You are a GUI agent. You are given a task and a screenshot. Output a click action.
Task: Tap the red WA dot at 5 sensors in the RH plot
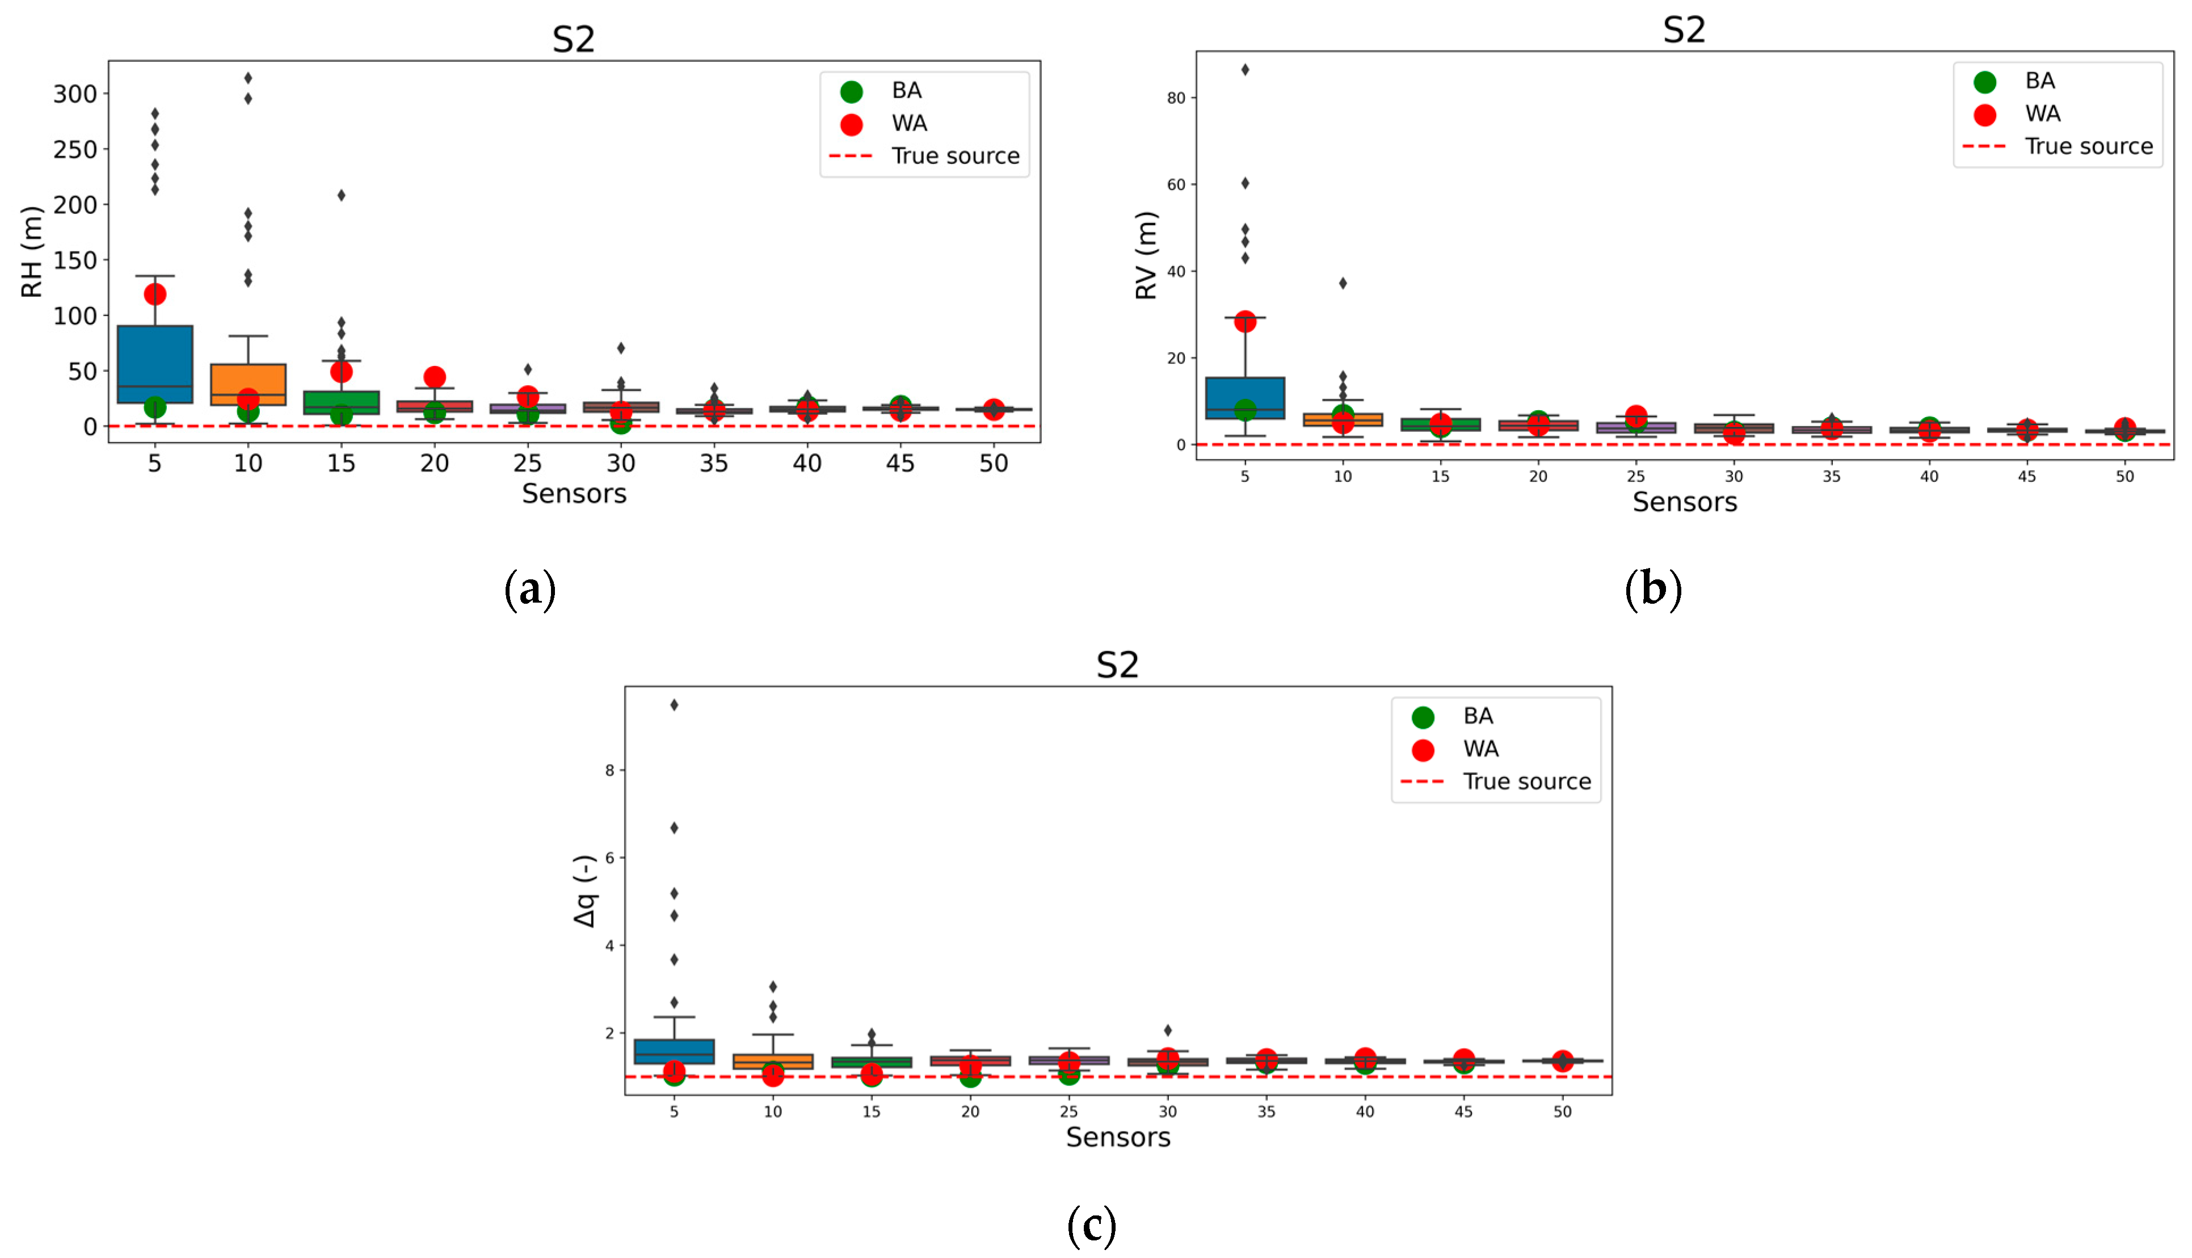(155, 294)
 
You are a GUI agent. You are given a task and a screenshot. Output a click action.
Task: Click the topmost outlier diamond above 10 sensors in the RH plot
(248, 78)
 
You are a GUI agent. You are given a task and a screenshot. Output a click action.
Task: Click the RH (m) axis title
(31, 251)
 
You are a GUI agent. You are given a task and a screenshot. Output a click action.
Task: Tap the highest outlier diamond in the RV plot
(1245, 70)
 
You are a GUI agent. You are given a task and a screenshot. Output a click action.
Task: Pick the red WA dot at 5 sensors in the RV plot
(1245, 321)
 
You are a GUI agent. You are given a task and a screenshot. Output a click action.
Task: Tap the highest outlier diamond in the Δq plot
(674, 705)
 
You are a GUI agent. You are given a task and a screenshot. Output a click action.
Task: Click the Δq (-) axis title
(585, 891)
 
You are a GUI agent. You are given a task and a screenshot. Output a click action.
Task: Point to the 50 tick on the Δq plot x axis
(1562, 1112)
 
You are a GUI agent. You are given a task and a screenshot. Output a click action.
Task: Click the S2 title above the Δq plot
(1117, 664)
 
